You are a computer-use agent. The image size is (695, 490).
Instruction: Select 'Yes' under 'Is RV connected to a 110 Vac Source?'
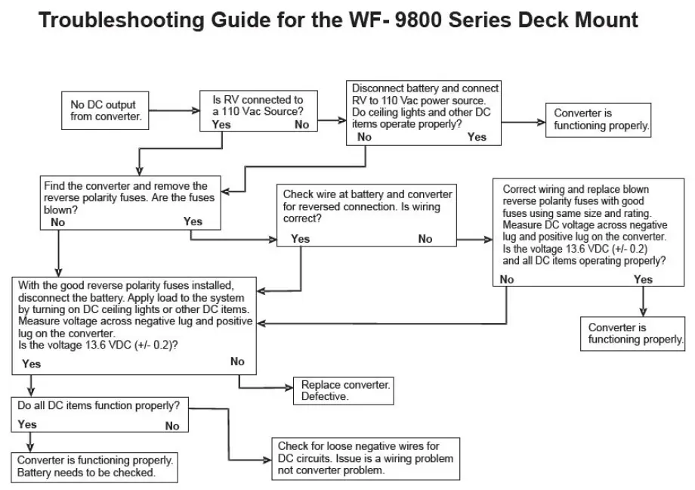(221, 124)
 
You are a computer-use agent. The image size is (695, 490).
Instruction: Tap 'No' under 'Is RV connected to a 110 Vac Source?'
(301, 125)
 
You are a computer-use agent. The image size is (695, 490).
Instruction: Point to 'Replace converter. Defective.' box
(345, 390)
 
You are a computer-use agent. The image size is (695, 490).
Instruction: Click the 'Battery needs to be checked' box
(95, 467)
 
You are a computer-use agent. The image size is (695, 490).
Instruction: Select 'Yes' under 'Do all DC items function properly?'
(27, 424)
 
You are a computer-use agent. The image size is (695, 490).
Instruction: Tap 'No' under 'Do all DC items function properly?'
(172, 426)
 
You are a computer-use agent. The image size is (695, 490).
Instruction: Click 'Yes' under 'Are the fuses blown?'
(193, 222)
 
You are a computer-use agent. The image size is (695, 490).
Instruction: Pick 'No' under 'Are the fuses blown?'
(57, 222)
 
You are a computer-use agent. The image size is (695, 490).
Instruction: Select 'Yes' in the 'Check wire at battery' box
(300, 239)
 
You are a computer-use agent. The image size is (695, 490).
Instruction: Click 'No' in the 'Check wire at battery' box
(425, 239)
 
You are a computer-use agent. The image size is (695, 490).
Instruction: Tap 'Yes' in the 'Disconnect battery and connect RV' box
(477, 137)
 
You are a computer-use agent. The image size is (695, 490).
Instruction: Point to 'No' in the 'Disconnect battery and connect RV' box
(364, 137)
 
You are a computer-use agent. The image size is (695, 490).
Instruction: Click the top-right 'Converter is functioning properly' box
(601, 119)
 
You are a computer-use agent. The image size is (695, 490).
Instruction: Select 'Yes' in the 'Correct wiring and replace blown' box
(643, 280)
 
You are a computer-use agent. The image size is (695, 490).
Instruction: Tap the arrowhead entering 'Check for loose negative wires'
(267, 459)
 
